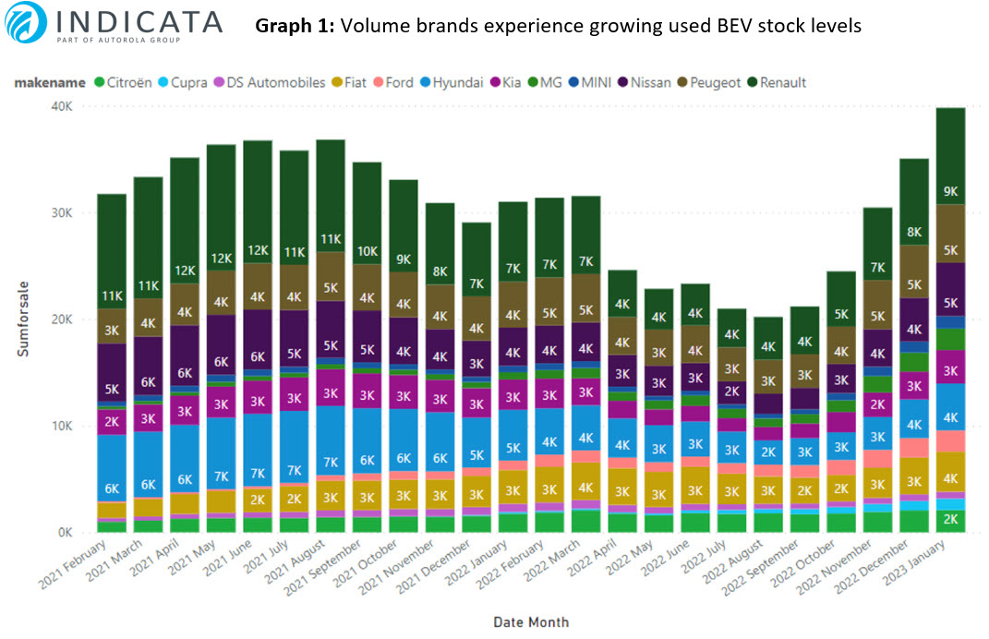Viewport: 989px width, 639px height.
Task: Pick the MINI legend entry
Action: pos(610,82)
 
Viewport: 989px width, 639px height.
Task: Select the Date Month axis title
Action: pos(530,621)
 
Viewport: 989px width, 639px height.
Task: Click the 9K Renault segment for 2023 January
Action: pos(950,192)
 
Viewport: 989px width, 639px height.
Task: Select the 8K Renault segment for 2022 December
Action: pos(914,232)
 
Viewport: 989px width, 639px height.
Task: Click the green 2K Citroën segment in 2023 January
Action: pos(950,519)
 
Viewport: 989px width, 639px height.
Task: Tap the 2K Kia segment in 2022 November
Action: pos(877,403)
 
